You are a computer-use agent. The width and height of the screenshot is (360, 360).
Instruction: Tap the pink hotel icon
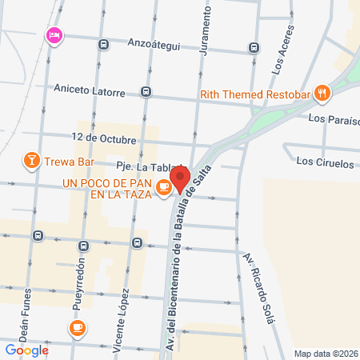(54, 34)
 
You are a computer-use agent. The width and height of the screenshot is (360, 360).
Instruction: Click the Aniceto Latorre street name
(90, 90)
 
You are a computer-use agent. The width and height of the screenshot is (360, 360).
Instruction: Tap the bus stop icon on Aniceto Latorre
(146, 91)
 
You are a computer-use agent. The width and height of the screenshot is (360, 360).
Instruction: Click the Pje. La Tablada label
(150, 166)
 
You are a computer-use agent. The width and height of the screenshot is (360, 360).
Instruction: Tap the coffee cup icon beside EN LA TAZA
(163, 187)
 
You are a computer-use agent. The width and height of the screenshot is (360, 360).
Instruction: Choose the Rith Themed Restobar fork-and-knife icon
(322, 93)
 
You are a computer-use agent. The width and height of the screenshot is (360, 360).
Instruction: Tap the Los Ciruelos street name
(324, 162)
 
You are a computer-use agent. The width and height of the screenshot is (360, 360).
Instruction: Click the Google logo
(26, 350)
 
